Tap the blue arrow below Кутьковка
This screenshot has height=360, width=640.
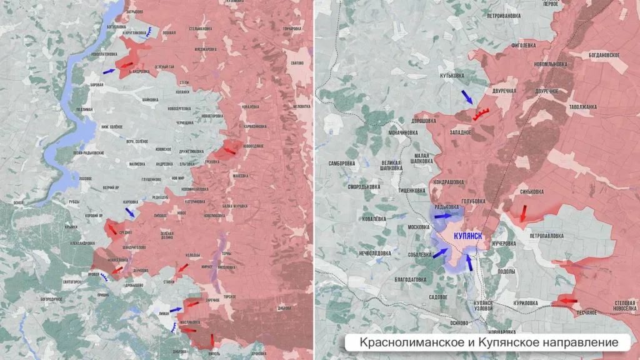467,97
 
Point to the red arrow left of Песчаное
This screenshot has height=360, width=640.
567,301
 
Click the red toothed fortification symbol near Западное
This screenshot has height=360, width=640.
481,113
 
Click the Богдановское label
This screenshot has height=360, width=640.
604,55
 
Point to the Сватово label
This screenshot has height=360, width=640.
297,63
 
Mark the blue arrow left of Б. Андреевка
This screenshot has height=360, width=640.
109,72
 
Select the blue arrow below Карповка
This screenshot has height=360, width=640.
129,212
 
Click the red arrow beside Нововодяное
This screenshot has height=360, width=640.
229,151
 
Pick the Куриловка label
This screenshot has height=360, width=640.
525,302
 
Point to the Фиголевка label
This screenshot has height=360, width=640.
524,44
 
